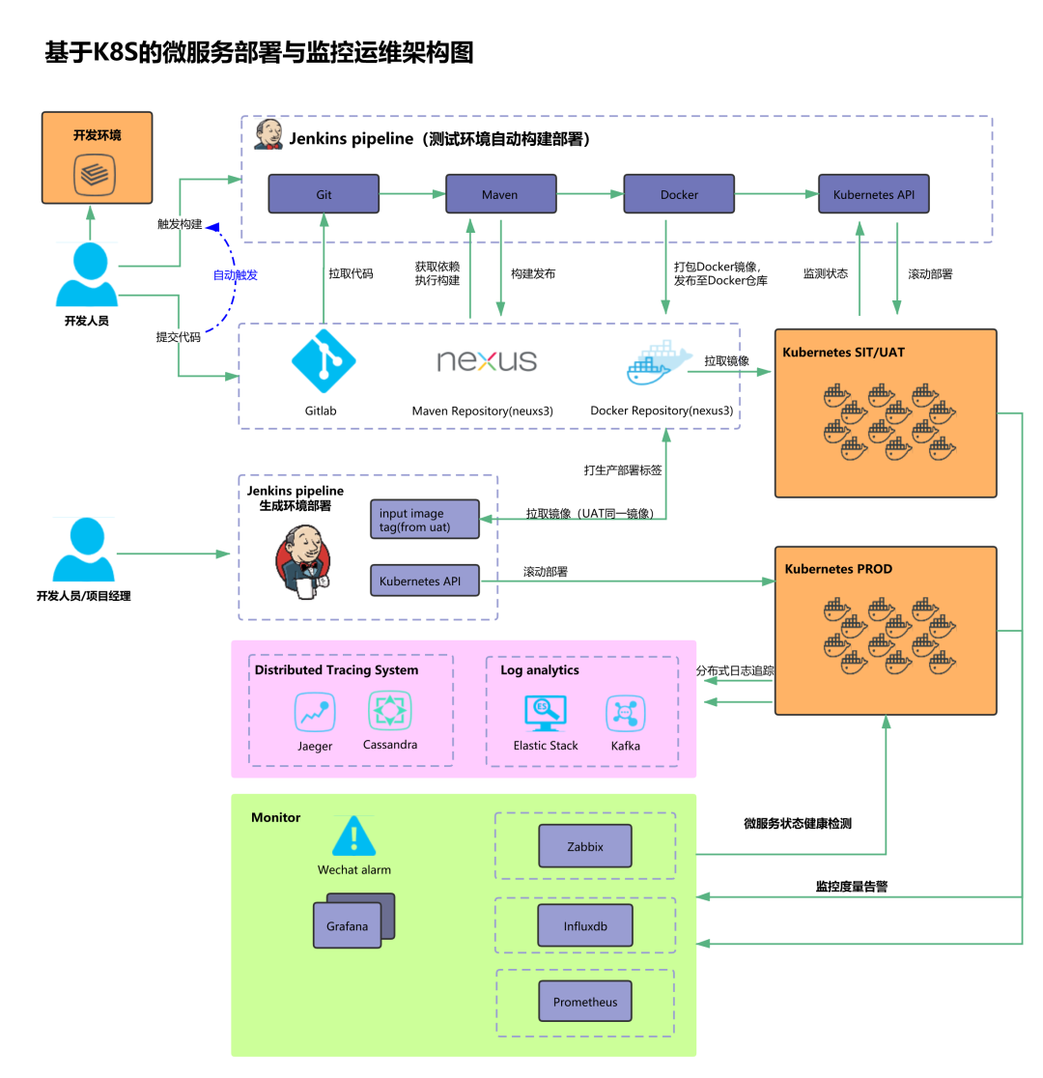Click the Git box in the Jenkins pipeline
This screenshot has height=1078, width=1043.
pos(324,194)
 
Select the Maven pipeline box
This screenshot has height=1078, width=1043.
pos(500,194)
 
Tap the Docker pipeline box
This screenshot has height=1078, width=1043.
pos(679,194)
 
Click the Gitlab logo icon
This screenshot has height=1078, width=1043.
pos(324,361)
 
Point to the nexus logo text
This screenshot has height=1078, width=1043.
pos(487,360)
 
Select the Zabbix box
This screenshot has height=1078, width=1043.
pos(585,846)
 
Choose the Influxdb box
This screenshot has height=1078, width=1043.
pos(585,925)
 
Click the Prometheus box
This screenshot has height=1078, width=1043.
pos(585,1002)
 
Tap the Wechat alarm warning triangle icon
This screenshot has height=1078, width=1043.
pos(354,837)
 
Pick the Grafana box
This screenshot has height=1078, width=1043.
pos(348,926)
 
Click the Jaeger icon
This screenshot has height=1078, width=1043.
pos(315,713)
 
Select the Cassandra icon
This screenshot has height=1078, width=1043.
pos(390,711)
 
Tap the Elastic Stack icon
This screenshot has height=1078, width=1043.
pos(546,713)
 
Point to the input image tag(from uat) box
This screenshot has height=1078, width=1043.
pos(425,520)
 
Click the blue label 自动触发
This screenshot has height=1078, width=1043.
pos(236,275)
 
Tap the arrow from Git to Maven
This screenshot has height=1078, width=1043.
pos(412,194)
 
